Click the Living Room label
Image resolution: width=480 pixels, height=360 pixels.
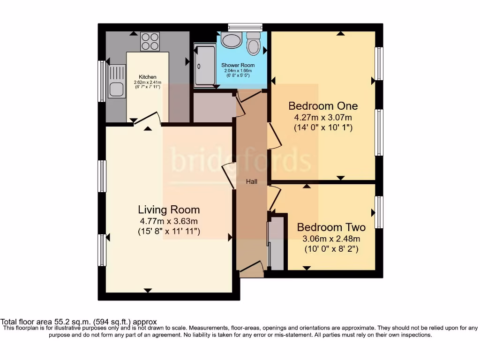169,210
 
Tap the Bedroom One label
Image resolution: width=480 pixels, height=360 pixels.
323,105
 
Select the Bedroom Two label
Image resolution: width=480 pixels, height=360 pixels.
331,227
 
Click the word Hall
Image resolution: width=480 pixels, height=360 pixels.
252,181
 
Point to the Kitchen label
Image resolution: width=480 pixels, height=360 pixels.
147,77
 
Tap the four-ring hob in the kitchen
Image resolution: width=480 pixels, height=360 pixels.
150,41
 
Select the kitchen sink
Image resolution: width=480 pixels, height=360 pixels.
117,81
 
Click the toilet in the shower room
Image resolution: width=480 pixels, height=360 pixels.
253,43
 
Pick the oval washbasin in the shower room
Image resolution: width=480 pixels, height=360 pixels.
230,41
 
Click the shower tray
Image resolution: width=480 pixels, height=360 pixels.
205,66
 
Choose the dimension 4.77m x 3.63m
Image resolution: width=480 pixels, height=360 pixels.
169,221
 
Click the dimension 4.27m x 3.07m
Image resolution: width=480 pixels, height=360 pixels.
323,117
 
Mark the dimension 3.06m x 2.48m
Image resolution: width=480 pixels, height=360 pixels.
331,239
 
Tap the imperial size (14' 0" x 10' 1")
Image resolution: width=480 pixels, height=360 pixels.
323,127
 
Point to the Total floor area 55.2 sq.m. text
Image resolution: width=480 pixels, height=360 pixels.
78,322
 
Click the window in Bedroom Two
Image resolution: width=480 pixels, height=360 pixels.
379,212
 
